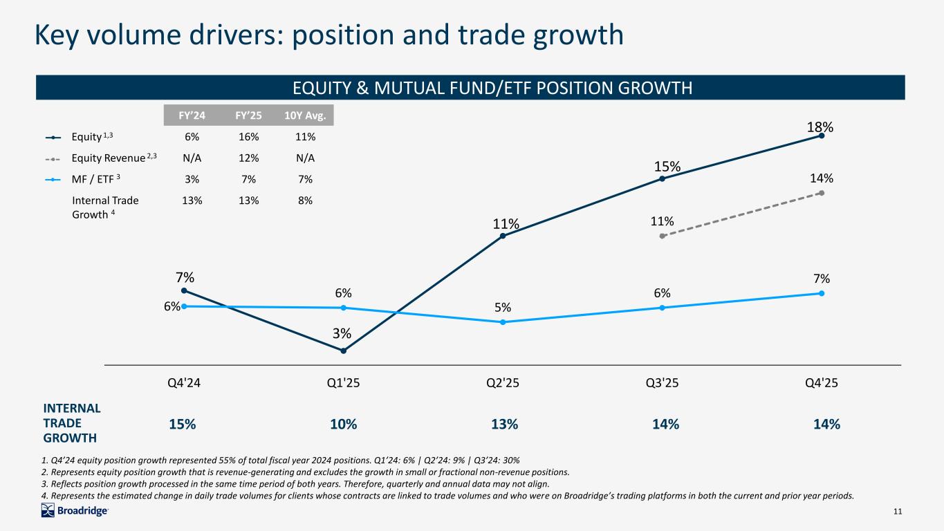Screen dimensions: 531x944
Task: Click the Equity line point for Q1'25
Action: pyautogui.click(x=343, y=351)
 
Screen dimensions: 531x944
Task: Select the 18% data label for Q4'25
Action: pyautogui.click(x=821, y=127)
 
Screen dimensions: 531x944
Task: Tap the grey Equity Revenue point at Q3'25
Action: pyautogui.click(x=662, y=236)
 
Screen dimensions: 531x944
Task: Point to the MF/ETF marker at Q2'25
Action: pyautogui.click(x=503, y=322)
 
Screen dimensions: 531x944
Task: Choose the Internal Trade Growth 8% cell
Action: pyautogui.click(x=305, y=201)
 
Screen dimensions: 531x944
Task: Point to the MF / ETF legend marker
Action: pyautogui.click(x=53, y=180)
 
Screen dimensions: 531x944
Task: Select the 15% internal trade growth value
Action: pyautogui.click(x=183, y=425)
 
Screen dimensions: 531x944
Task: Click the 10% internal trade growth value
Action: pyautogui.click(x=343, y=425)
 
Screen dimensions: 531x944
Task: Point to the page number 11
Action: pyautogui.click(x=898, y=512)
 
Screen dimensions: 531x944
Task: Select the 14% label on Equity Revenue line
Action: pyautogui.click(x=822, y=178)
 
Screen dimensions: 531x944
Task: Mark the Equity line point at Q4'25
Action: pyautogui.click(x=821, y=136)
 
